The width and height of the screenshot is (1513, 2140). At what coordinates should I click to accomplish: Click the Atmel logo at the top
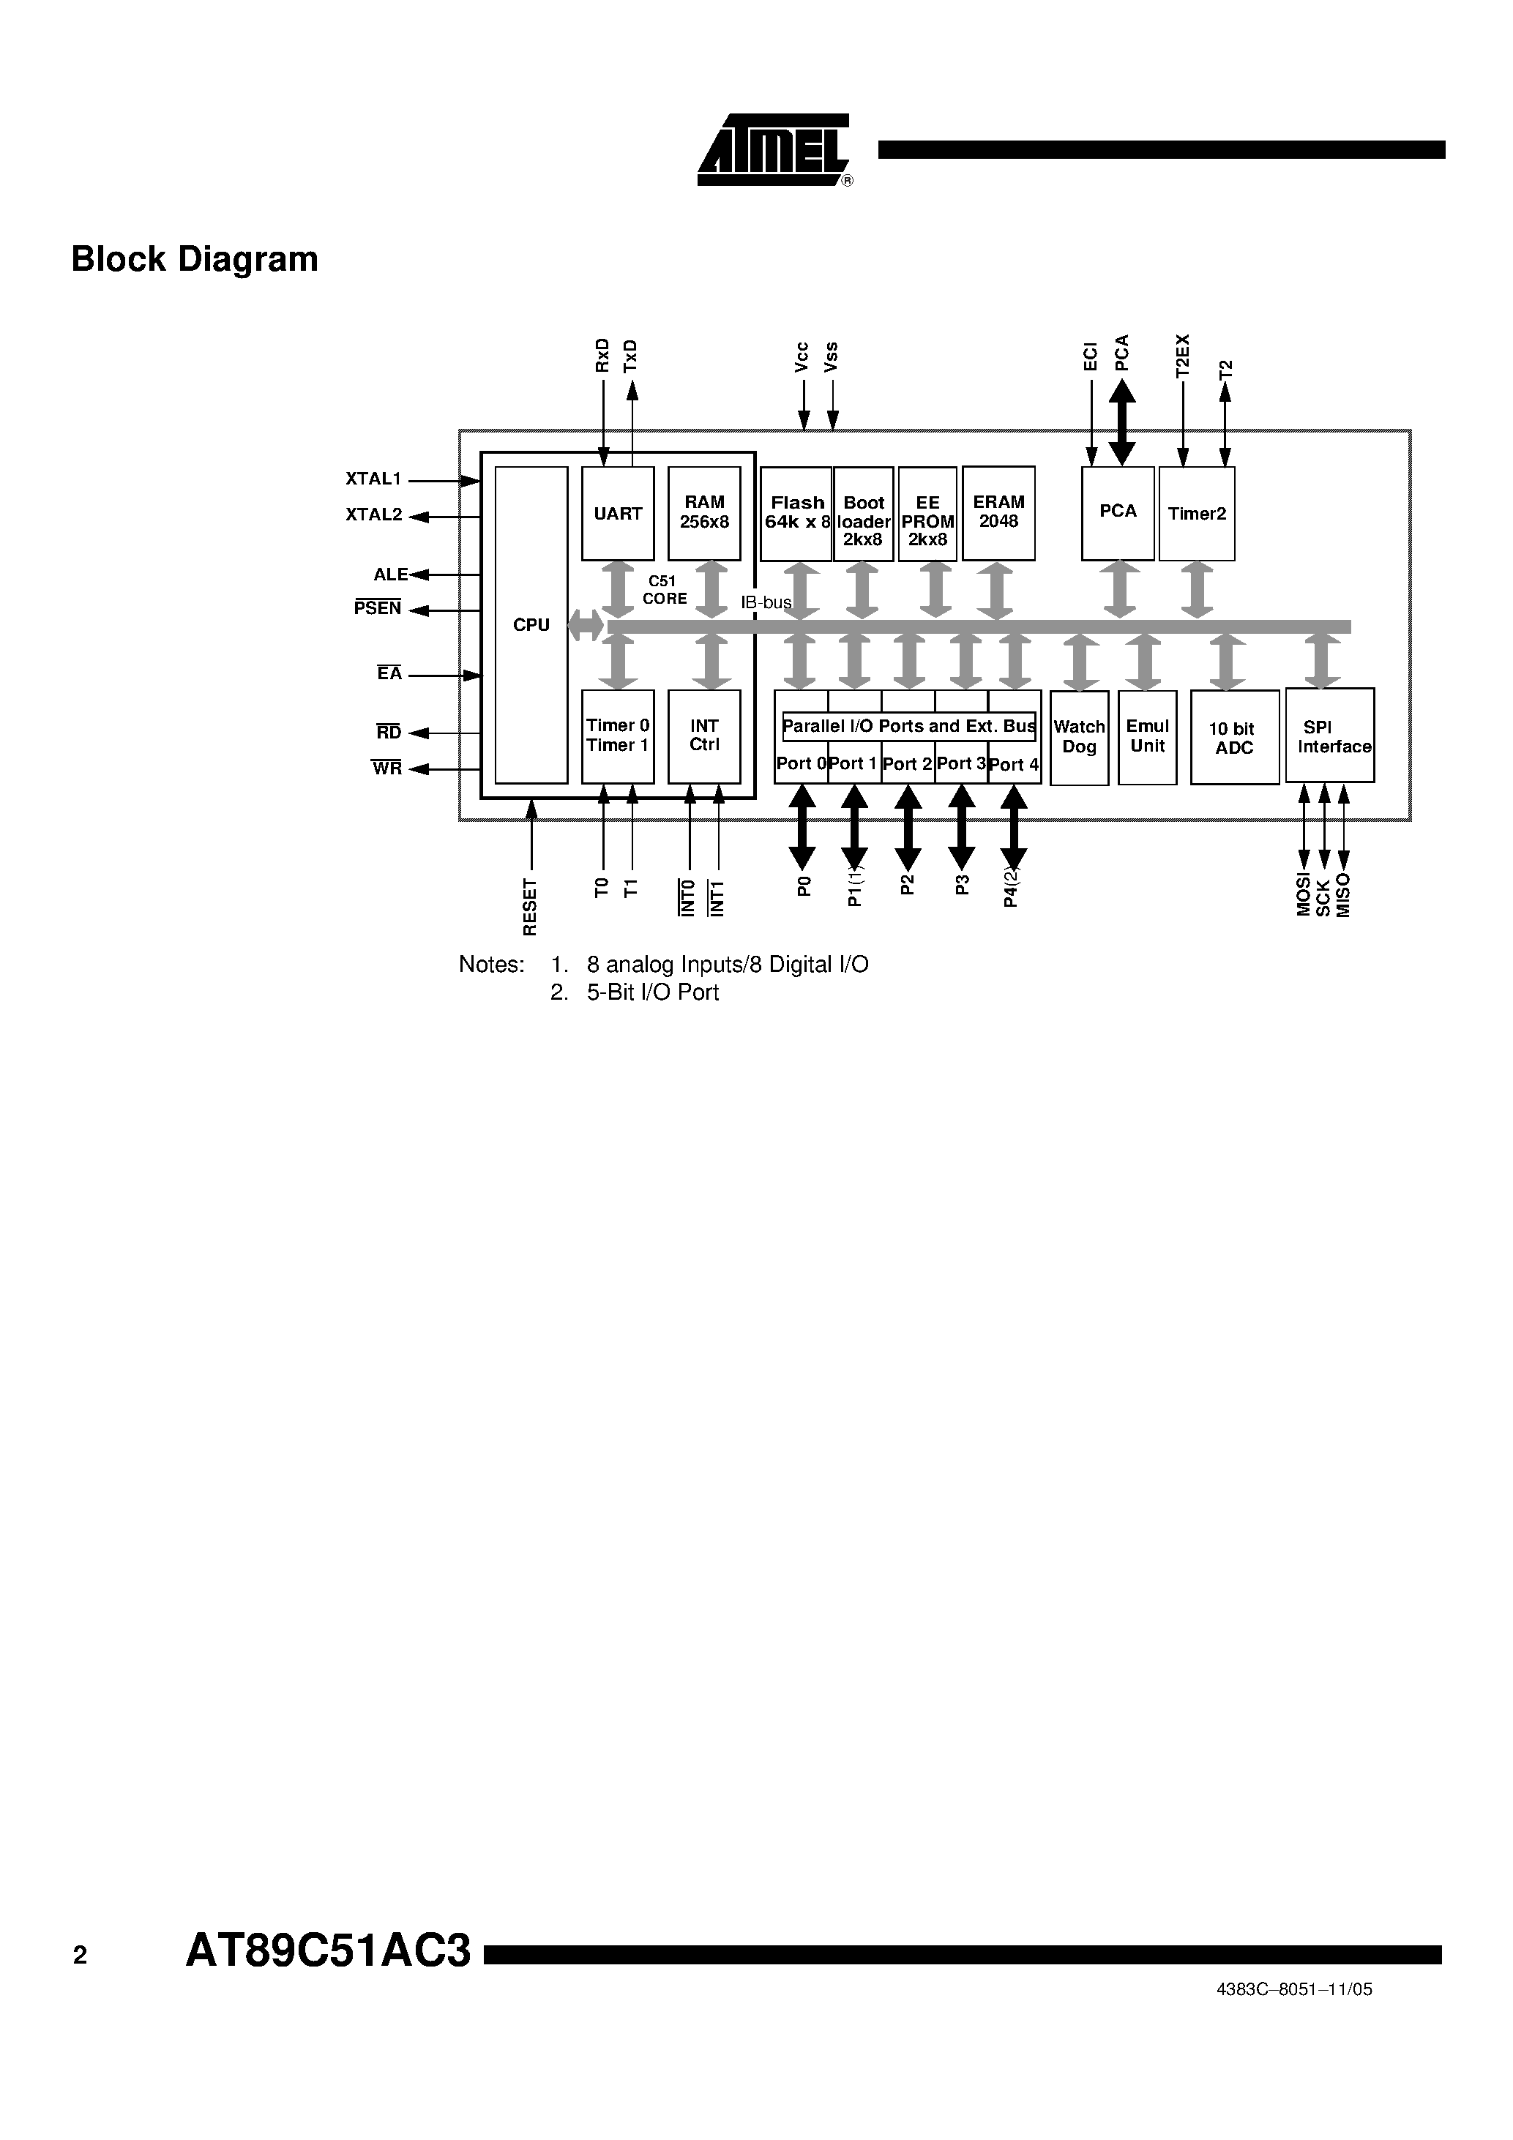774,150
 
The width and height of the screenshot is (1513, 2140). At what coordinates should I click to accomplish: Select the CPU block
531,624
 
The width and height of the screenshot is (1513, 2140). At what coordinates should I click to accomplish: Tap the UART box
617,514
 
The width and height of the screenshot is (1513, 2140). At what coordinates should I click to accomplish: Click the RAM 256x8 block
704,514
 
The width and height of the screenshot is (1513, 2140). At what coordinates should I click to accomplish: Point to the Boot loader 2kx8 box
863,515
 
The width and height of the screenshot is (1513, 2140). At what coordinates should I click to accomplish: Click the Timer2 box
1197,514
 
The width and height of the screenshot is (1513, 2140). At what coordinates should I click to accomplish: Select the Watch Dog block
1079,737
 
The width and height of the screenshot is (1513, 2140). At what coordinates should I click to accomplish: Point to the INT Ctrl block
704,736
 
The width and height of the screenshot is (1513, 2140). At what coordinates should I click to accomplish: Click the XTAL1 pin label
373,479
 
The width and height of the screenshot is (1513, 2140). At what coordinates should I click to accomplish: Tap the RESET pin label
529,906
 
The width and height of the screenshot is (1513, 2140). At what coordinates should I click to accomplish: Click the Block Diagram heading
195,259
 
